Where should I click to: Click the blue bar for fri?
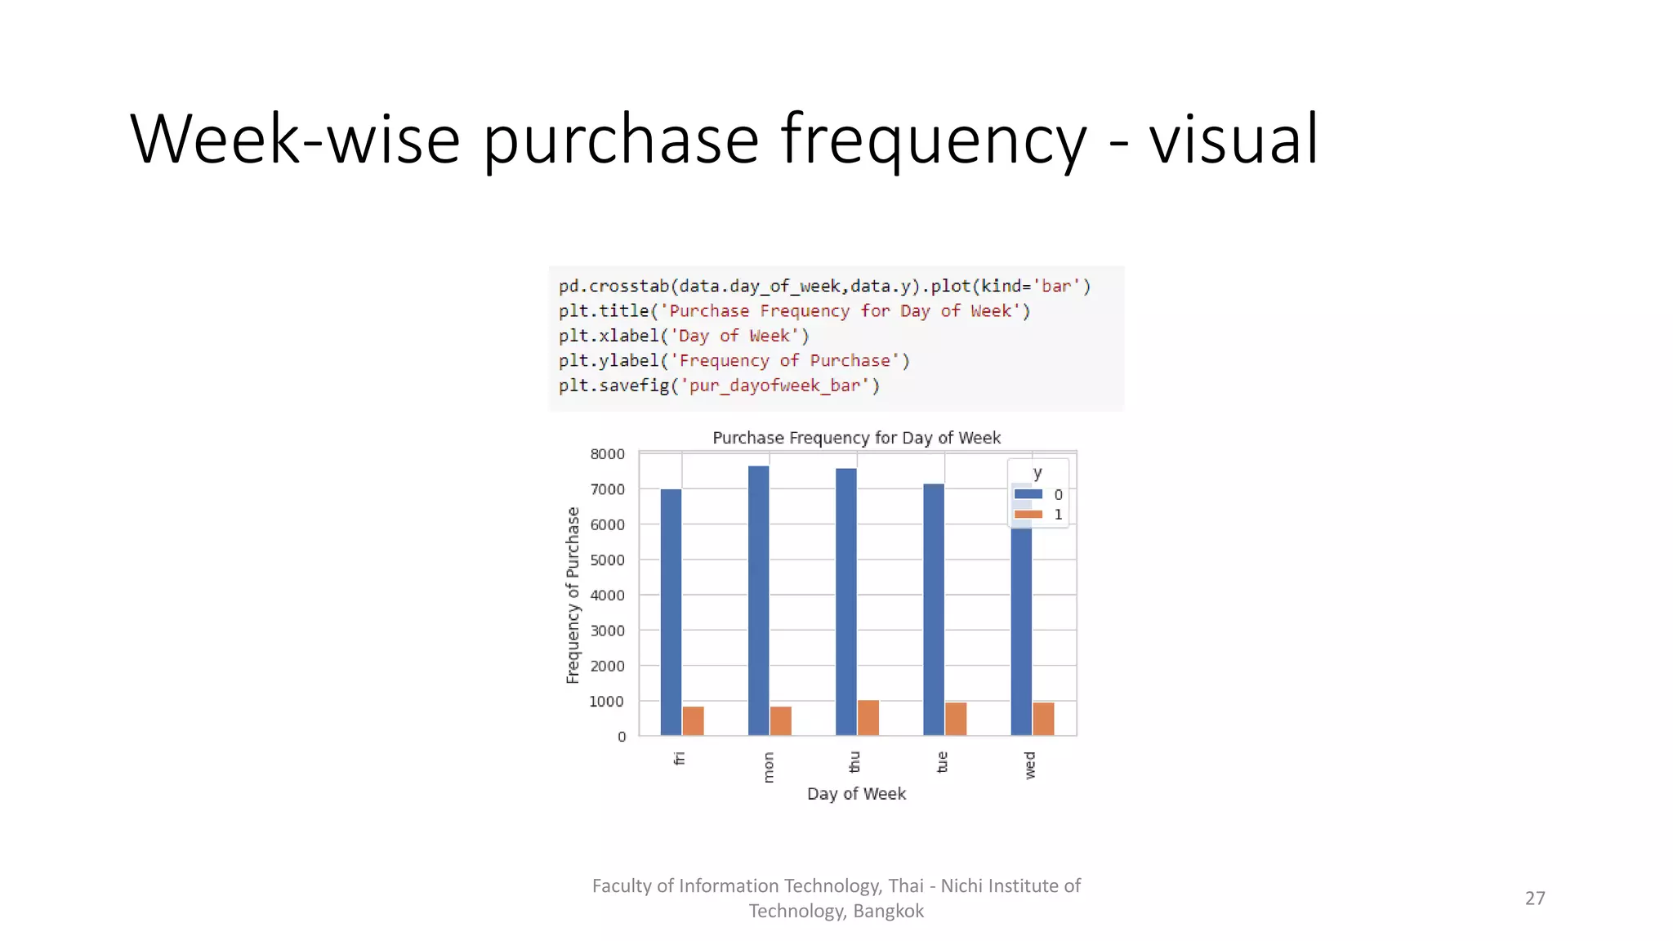coord(671,612)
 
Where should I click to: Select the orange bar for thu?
coord(868,718)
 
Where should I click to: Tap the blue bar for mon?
coord(758,600)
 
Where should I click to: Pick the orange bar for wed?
coord(1043,719)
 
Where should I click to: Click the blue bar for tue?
coord(934,609)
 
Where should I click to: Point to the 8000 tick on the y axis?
coord(607,454)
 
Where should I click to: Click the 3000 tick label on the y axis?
coord(607,631)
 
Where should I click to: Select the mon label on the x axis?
coord(768,768)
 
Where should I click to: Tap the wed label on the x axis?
coord(1030,765)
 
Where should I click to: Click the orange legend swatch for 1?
coord(1028,515)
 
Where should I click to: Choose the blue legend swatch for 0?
coord(1028,494)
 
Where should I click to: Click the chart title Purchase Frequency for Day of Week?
coord(856,438)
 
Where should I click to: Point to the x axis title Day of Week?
coord(856,794)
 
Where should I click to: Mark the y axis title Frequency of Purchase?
coord(573,595)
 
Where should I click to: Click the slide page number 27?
coord(1535,899)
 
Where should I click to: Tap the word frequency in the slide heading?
coord(934,140)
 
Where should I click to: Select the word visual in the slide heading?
coord(1234,140)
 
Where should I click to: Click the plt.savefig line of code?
coord(719,386)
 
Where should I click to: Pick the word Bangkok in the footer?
coord(888,912)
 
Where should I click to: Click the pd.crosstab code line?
coord(824,287)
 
